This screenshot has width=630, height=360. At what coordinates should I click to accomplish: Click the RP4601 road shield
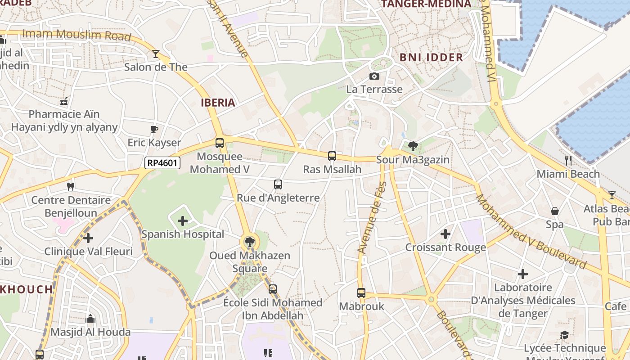(162, 163)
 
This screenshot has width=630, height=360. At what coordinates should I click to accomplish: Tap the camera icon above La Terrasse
(374, 76)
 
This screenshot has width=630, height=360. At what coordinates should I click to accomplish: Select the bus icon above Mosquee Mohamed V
(220, 143)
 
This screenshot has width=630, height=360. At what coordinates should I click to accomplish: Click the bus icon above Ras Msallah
(332, 156)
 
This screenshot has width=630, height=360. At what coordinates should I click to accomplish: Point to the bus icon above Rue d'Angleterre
(278, 184)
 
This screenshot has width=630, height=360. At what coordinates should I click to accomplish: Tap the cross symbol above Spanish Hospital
(183, 221)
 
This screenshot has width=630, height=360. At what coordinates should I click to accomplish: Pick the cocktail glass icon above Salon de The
(156, 54)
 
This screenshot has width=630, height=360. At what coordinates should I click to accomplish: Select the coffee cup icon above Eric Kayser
(154, 130)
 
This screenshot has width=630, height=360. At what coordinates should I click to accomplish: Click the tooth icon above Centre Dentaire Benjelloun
(70, 186)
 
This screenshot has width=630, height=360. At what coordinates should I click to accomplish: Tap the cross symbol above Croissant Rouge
(445, 234)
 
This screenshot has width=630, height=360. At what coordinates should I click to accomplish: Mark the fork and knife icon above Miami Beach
(568, 160)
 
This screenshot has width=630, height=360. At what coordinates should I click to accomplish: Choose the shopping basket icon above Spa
(555, 211)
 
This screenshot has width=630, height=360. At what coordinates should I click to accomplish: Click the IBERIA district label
(218, 103)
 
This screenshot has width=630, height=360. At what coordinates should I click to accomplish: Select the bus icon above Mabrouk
(361, 293)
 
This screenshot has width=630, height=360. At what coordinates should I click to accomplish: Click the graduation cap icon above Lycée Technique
(564, 335)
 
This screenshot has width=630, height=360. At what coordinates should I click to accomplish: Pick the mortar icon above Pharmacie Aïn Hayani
(64, 101)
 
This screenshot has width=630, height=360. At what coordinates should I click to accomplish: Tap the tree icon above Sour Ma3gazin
(413, 146)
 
